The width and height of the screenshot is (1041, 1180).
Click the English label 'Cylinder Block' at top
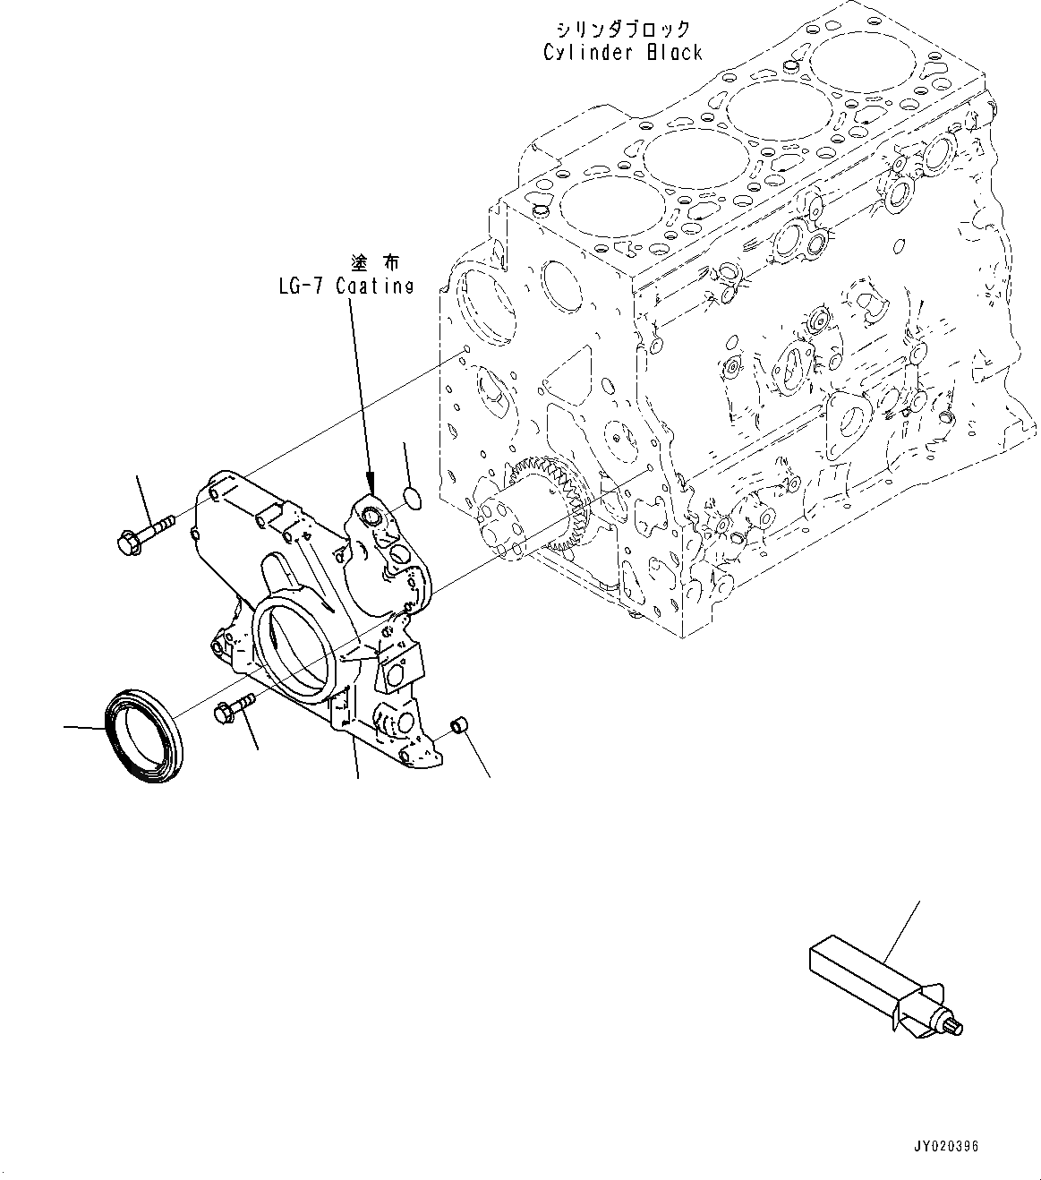point(623,52)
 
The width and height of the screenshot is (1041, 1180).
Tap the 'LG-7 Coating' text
point(345,286)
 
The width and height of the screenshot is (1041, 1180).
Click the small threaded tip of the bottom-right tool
point(954,1028)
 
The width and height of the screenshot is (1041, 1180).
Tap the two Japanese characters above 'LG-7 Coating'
point(375,262)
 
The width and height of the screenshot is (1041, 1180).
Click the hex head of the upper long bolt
point(126,541)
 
